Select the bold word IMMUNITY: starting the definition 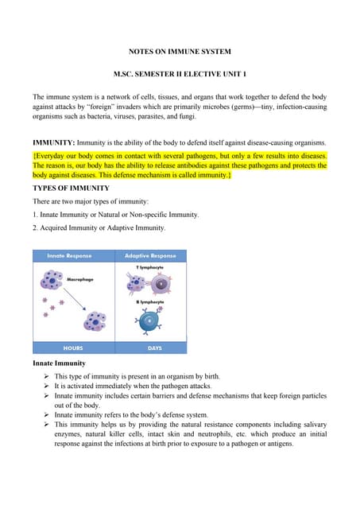54,143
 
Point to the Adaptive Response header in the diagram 151,256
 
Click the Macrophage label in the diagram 80,280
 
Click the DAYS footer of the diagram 151,348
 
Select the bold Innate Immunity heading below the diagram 59,363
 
